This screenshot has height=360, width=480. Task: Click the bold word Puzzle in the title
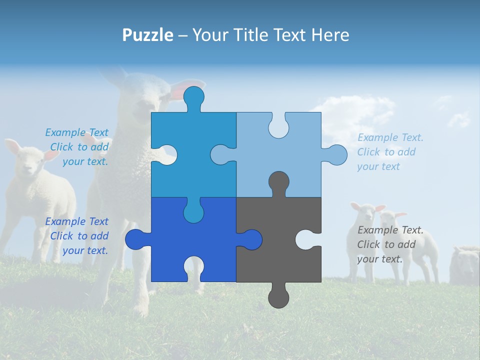coord(148,35)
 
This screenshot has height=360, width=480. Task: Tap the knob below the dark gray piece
coord(278,298)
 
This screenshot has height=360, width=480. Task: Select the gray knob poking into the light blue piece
coord(278,182)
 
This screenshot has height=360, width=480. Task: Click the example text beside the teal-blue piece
coord(77,147)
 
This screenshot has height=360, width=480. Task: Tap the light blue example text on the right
coord(390,152)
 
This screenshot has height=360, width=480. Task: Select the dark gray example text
coord(390,244)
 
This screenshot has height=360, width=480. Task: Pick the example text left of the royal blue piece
coord(77,236)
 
